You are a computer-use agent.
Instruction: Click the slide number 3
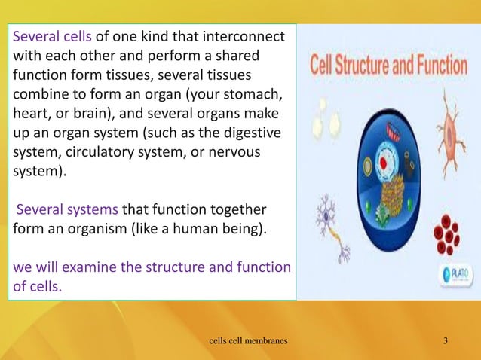446,343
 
